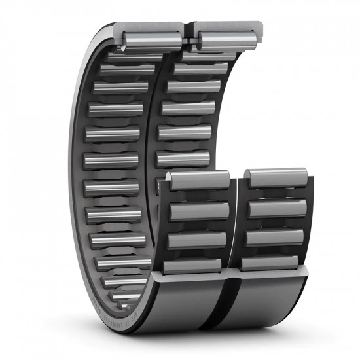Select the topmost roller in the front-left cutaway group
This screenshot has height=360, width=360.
click(198, 181)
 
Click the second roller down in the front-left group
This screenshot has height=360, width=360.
click(199, 211)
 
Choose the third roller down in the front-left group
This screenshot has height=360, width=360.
click(198, 240)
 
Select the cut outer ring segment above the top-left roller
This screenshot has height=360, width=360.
click(151, 27)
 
